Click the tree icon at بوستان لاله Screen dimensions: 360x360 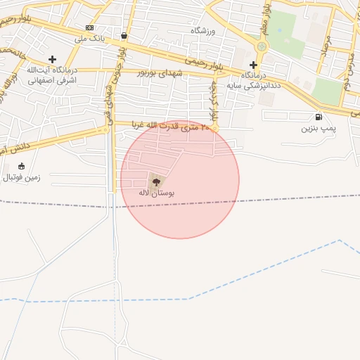[156, 180]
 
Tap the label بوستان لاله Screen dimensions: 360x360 [157, 192]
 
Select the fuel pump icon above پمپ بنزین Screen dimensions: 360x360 [319, 117]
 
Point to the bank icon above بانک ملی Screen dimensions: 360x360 [89, 27]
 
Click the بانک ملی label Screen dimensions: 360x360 [90, 39]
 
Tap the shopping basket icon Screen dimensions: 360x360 [124, 35]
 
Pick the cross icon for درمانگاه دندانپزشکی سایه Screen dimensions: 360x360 [253, 65]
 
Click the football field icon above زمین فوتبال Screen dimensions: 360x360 [21, 166]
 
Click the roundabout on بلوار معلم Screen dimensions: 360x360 [262, 46]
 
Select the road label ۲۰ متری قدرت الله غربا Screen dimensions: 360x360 [171, 127]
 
